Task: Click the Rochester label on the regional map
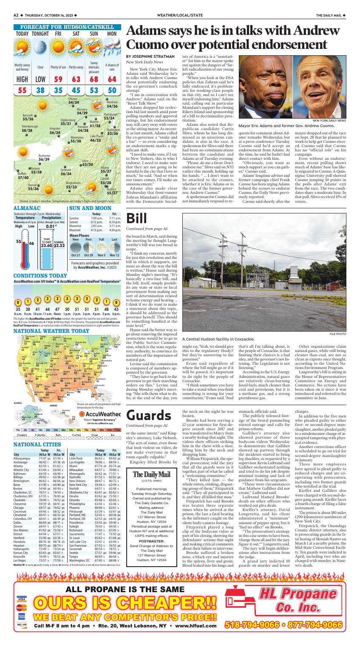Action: pos(45,156)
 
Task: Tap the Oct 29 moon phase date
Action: pos(88,255)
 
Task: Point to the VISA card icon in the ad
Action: pos(21,599)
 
